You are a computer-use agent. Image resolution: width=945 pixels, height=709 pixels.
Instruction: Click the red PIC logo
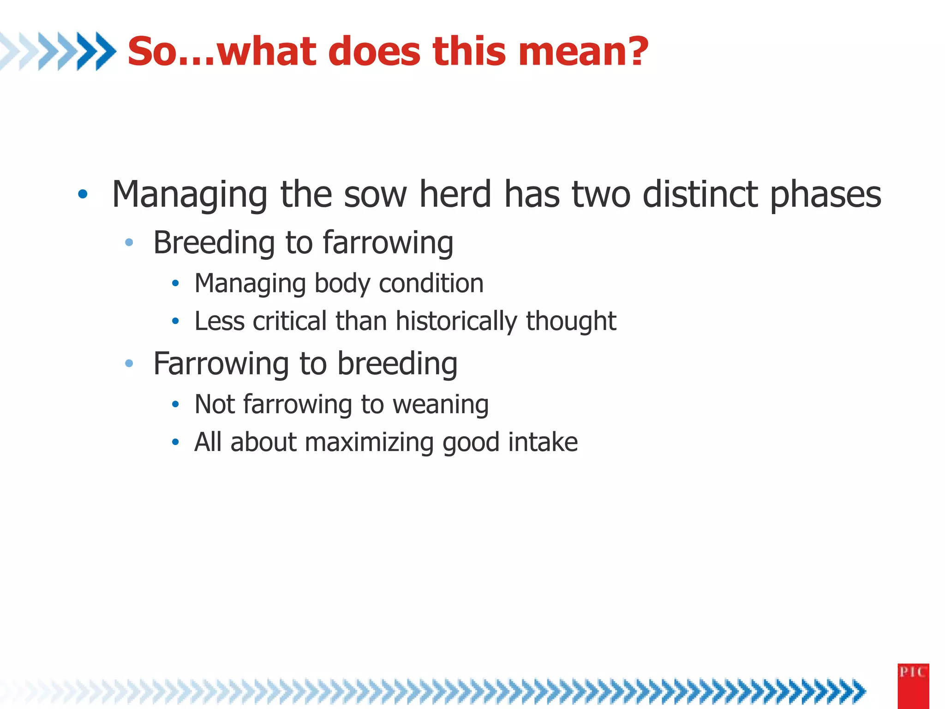pyautogui.click(x=913, y=685)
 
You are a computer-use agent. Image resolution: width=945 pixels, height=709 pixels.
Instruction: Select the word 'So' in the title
pyautogui.click(x=150, y=52)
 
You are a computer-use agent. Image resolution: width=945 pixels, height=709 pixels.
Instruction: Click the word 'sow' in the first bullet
pyautogui.click(x=375, y=194)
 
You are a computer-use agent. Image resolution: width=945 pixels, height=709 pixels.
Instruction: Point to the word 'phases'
pyautogui.click(x=825, y=195)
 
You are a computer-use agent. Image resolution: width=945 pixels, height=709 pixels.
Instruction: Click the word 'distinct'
pyautogui.click(x=700, y=194)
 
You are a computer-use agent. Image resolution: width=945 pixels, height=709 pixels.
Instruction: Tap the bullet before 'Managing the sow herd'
pyautogui.click(x=83, y=194)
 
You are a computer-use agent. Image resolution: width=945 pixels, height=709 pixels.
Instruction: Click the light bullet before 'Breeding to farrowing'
pyautogui.click(x=129, y=242)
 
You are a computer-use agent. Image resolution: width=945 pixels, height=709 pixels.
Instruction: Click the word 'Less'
pyautogui.click(x=219, y=321)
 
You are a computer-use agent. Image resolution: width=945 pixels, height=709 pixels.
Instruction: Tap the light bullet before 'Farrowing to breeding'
pyautogui.click(x=129, y=364)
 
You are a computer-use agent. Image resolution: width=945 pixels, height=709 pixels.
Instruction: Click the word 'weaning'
pyautogui.click(x=440, y=405)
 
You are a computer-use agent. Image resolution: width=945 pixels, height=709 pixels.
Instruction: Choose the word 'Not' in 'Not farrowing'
pyautogui.click(x=215, y=404)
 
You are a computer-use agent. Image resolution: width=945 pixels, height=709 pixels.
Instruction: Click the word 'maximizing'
pyautogui.click(x=369, y=443)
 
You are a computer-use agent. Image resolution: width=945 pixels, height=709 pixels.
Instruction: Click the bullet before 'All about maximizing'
pyautogui.click(x=175, y=442)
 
